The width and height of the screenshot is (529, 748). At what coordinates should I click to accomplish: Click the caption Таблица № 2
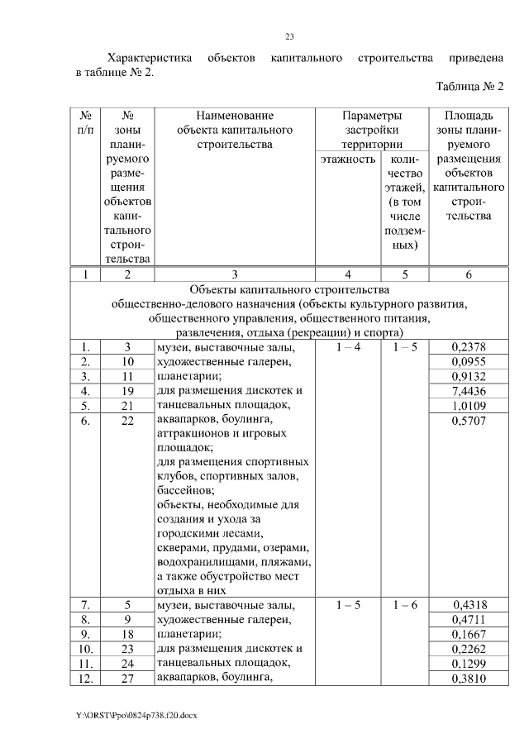469,87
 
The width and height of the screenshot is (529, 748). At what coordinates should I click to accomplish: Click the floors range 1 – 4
349,348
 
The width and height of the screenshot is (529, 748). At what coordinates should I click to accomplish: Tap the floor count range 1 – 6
405,606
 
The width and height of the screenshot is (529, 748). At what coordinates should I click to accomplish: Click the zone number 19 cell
127,391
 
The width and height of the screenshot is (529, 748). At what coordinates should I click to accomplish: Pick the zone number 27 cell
127,679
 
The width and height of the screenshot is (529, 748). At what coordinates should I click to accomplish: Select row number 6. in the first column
85,421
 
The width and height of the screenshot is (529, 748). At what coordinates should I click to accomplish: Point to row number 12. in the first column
85,679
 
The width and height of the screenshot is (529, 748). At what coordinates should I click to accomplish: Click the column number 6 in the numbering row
469,275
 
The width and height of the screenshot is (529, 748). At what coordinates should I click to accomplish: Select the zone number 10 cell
127,362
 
